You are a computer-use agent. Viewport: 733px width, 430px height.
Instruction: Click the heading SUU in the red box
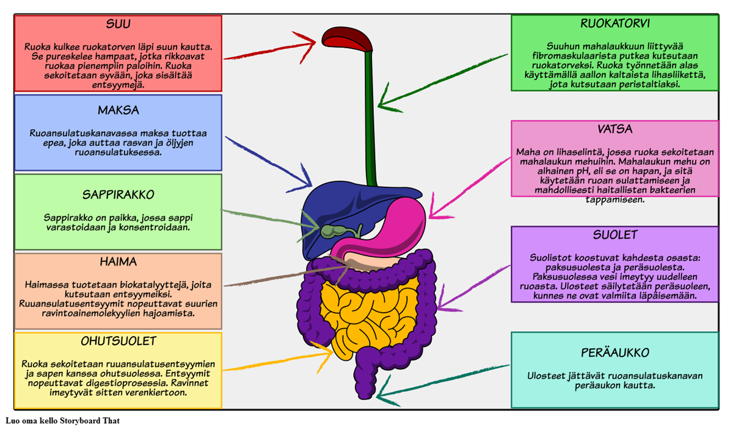(119, 24)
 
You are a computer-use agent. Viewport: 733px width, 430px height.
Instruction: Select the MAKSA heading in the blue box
(119, 110)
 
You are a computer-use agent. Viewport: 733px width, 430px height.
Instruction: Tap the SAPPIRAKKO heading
(118, 195)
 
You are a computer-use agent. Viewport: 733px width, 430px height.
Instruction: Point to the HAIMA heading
(118, 262)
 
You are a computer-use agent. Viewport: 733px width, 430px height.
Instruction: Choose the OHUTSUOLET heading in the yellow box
(119, 340)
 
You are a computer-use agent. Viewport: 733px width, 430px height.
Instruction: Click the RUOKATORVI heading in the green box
(614, 24)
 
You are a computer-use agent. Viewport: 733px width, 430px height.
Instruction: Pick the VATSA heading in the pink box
(614, 129)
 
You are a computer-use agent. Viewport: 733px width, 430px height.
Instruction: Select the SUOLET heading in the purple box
(614, 235)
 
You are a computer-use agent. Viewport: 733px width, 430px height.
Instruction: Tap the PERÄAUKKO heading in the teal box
(614, 353)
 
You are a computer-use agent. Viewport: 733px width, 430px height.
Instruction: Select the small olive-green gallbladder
(334, 231)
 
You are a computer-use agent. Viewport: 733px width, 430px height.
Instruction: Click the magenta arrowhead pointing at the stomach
(432, 215)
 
